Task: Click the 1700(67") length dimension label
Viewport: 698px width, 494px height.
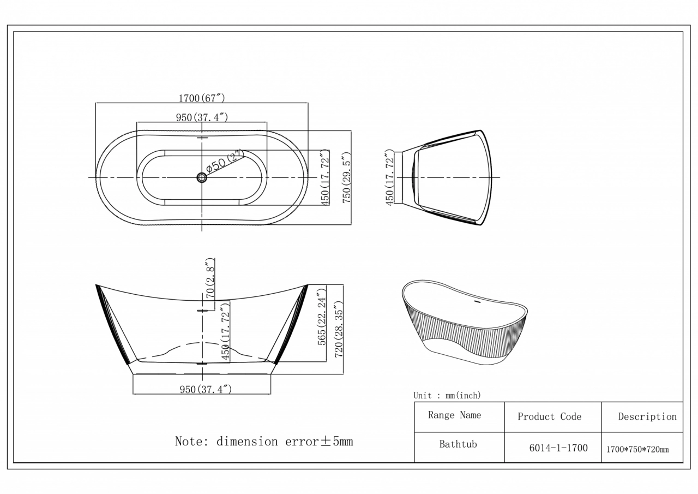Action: click(x=202, y=98)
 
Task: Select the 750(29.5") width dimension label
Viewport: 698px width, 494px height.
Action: click(x=346, y=177)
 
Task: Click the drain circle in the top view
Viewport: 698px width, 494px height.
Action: click(x=202, y=178)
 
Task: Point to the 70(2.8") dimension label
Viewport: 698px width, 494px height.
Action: click(x=210, y=278)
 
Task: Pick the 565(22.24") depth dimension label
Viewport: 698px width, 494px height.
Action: click(x=322, y=317)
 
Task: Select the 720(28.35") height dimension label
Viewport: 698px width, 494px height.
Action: click(x=339, y=329)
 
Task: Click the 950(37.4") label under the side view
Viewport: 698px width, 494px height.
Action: click(x=206, y=389)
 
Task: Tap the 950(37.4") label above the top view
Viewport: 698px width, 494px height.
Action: click(x=202, y=117)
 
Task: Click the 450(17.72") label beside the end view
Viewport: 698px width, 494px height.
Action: click(x=389, y=177)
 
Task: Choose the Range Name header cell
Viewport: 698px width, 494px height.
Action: click(x=454, y=415)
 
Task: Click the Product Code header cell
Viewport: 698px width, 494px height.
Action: click(x=549, y=416)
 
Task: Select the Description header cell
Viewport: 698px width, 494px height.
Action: click(x=647, y=416)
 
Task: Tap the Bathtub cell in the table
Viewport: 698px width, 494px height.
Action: click(x=458, y=444)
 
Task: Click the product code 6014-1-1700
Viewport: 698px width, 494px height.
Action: click(x=558, y=448)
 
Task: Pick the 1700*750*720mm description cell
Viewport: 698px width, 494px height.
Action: click(x=637, y=449)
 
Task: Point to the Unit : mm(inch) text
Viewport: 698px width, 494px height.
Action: click(x=447, y=395)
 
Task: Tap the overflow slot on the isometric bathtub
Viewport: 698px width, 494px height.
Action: click(x=477, y=301)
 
